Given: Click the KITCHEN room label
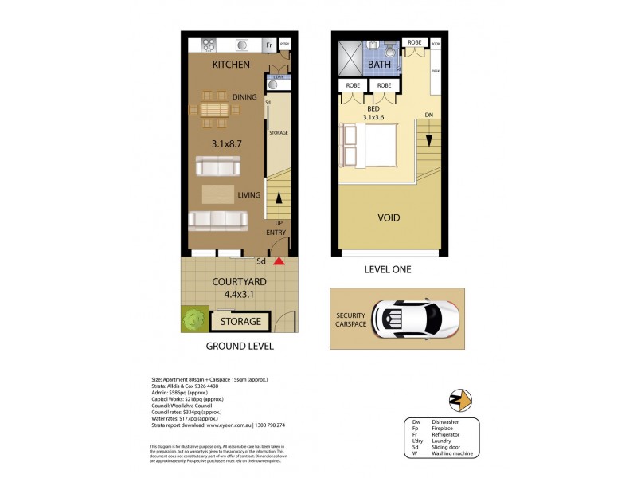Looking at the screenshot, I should coord(231,65).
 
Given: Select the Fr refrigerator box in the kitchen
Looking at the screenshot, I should coord(270,46).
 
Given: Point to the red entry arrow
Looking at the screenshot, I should coord(279,261).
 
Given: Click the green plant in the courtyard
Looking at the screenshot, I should coord(192,319).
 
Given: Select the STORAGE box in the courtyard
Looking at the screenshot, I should coord(240,322).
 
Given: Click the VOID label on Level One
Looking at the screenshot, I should coord(389,217).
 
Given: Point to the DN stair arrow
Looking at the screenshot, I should coord(428,140).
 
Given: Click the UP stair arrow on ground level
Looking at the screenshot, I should coord(279,207).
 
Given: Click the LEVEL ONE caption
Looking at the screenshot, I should coord(387,270).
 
